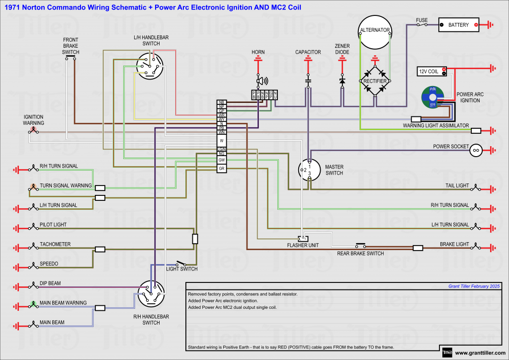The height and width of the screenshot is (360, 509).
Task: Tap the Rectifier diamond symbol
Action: point(375,80)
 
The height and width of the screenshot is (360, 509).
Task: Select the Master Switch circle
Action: point(309,170)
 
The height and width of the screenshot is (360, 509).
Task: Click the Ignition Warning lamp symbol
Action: point(33,132)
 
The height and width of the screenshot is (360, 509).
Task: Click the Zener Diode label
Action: point(342,49)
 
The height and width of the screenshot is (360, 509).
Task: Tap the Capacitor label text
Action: point(308,52)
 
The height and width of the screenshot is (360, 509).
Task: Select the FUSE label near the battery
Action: point(422,20)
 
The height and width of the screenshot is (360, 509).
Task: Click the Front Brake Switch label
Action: point(71,46)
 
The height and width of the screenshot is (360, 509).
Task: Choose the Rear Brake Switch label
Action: point(360,254)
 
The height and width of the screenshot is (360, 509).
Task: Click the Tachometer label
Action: point(55,244)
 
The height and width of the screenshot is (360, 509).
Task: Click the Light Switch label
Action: point(181,269)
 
